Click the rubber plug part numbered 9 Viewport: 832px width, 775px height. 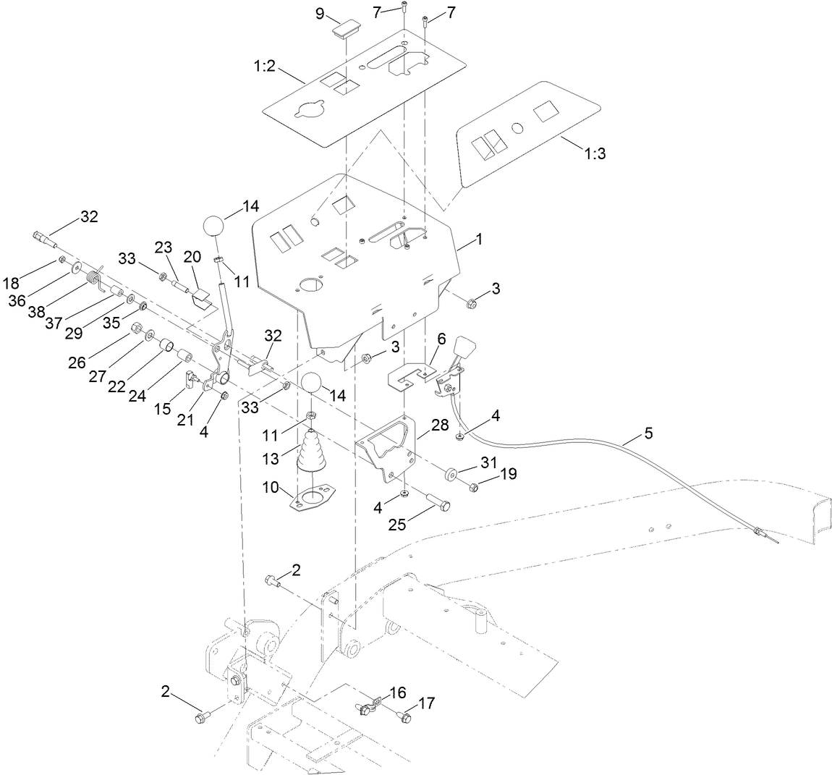346,29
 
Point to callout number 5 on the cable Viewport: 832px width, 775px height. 648,435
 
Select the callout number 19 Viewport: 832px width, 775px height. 509,475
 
